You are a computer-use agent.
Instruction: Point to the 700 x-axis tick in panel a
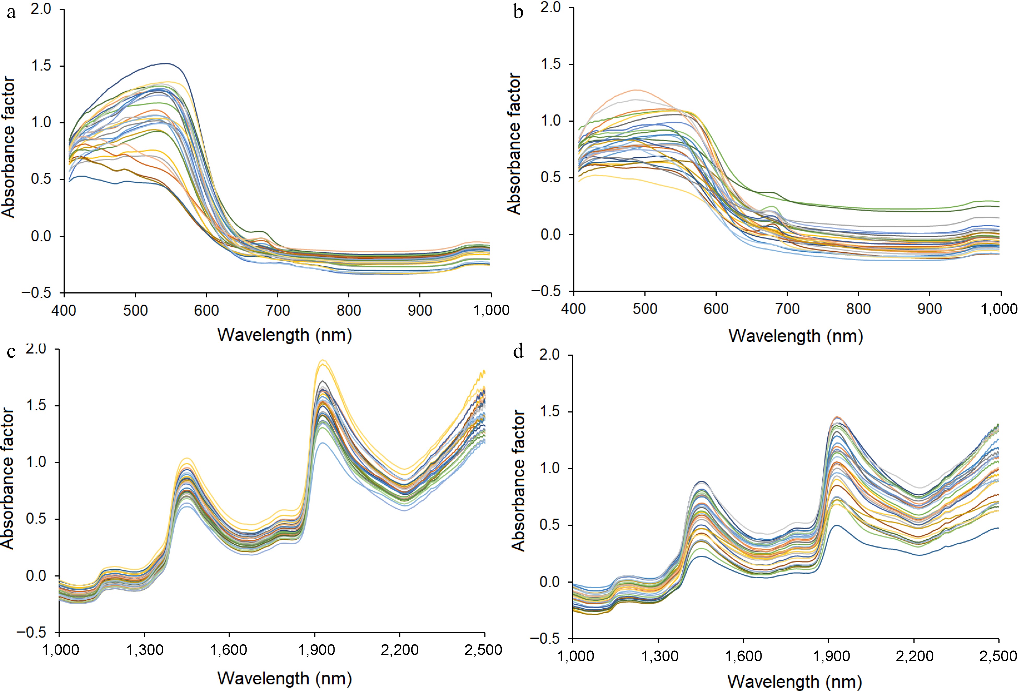click(278, 310)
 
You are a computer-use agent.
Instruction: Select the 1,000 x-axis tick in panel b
click(1001, 309)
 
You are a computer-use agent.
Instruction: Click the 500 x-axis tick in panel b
click(645, 309)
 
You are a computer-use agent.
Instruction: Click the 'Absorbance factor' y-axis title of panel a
click(9, 147)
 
